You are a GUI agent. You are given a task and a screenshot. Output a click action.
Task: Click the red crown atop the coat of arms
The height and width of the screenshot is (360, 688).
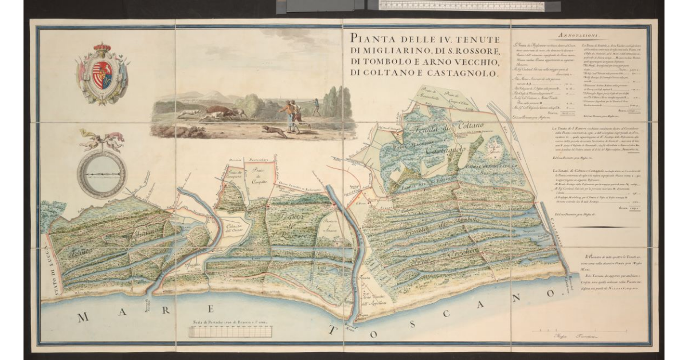[103, 48]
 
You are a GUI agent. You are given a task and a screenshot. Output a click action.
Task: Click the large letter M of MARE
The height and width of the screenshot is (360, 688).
[83, 316]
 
